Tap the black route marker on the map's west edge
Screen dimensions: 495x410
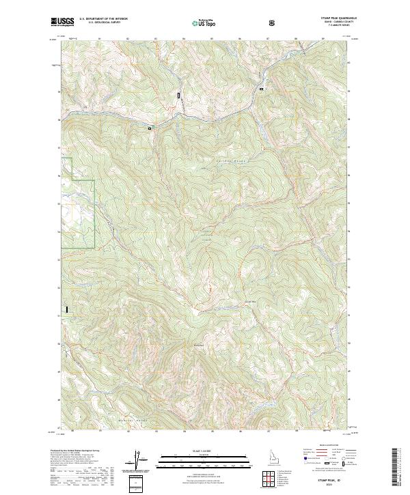pyautogui.click(x=67, y=310)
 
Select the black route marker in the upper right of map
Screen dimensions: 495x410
pyautogui.click(x=260, y=89)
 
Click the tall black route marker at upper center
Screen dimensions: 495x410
pyautogui.click(x=180, y=96)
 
